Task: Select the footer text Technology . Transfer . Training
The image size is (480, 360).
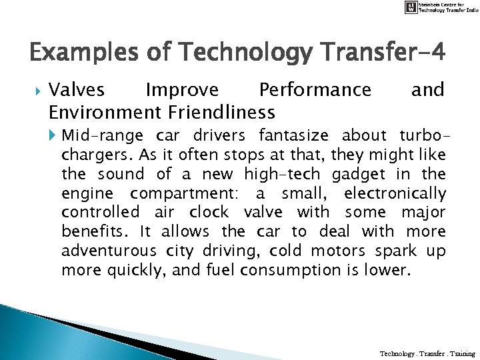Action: pos(427,353)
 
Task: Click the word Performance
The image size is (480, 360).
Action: pos(315,89)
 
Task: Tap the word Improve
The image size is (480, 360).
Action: pos(181,89)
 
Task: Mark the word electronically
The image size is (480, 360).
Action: pos(395,193)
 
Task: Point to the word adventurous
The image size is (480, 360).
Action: pos(107,251)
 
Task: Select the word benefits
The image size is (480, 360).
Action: pos(93,231)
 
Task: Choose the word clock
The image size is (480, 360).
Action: pos(209,213)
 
